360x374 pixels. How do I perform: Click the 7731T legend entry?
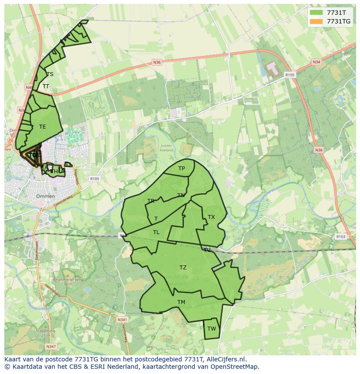click(x=336, y=13)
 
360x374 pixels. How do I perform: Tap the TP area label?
click(x=181, y=169)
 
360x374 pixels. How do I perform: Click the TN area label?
click(x=181, y=195)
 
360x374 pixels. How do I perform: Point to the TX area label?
click(x=211, y=217)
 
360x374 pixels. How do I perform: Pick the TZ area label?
click(x=183, y=268)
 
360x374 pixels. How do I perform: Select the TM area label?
click(x=181, y=302)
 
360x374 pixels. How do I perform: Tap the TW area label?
click(x=211, y=329)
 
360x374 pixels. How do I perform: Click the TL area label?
click(x=156, y=232)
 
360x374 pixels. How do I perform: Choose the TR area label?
click(x=151, y=201)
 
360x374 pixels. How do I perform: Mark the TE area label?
click(x=42, y=127)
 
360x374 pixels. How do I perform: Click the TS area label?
click(x=50, y=74)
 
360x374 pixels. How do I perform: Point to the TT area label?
click(x=46, y=86)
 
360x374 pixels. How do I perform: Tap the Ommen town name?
click(x=45, y=196)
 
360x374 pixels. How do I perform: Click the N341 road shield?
click(x=122, y=320)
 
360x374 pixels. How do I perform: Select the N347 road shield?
click(x=51, y=346)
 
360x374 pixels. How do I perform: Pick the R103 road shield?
click(x=340, y=237)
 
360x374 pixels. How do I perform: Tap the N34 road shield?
click(x=316, y=62)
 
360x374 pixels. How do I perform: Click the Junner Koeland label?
click(x=166, y=148)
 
